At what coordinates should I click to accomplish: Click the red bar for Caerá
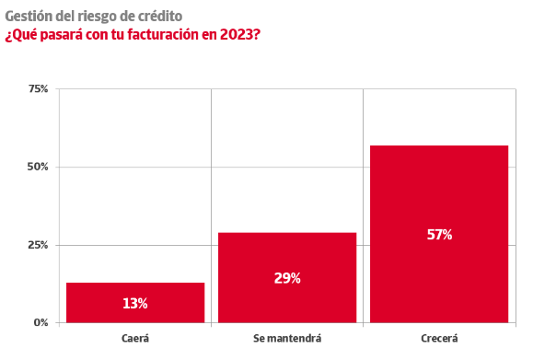click(135, 303)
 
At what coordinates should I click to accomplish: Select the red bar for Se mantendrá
click(287, 277)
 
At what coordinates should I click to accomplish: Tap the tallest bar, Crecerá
click(439, 234)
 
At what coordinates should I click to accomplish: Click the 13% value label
click(135, 303)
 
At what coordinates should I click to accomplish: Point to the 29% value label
click(287, 278)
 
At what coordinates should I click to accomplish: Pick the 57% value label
click(439, 235)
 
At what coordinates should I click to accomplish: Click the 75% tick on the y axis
click(38, 89)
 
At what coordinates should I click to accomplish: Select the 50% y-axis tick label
click(38, 167)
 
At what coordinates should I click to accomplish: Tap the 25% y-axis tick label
click(38, 245)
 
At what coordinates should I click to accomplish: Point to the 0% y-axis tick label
click(41, 322)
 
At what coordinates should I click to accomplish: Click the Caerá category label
click(135, 339)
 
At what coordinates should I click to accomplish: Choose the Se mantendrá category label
click(287, 339)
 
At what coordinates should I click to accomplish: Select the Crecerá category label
click(439, 339)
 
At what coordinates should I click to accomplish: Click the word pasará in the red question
click(62, 35)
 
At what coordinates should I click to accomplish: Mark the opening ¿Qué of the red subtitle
click(21, 35)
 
